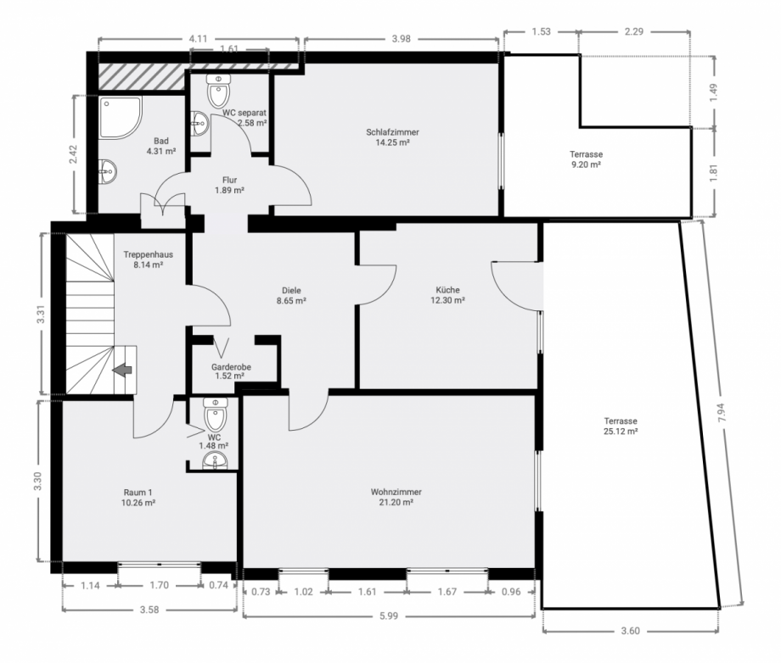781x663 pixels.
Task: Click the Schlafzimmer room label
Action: coord(392,132)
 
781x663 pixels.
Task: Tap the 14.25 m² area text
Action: coord(392,142)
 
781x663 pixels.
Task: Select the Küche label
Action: coord(447,290)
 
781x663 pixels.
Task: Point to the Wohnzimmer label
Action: coord(396,492)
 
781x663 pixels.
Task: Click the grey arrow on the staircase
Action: coord(122,370)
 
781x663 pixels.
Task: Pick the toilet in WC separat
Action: coord(219,91)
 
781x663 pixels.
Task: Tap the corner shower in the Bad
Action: coord(121,117)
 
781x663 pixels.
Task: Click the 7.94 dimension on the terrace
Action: coord(722,412)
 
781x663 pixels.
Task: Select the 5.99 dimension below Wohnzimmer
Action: coord(389,616)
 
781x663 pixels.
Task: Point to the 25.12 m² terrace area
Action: coord(621,432)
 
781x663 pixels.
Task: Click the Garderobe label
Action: coord(231,367)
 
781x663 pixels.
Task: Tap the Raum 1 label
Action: coord(138,493)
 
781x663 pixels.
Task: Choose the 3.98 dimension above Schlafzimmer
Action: coord(401,39)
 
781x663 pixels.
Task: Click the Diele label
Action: coord(291,291)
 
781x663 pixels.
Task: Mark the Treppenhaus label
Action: coord(149,254)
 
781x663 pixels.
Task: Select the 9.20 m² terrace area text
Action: coord(586,164)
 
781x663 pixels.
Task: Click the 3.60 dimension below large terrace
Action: coord(631,631)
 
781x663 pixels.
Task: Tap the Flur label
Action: coord(229,180)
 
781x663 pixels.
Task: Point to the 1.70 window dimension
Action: coord(160,585)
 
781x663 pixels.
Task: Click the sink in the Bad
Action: coord(108,172)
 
